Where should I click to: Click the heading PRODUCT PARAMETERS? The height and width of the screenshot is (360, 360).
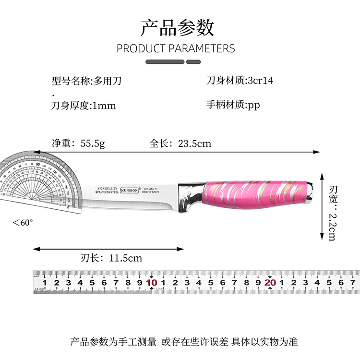pos(176,48)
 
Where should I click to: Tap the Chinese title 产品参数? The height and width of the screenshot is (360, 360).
pos(177,28)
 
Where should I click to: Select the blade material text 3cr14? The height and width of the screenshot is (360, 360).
pos(260,80)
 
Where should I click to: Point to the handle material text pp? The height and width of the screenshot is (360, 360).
pos(254,105)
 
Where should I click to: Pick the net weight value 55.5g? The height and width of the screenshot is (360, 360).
pos(92,143)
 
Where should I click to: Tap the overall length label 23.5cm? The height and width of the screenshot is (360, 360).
pos(194,143)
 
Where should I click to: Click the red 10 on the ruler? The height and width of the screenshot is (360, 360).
pos(152,282)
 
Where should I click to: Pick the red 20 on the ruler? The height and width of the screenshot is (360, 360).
pos(270,282)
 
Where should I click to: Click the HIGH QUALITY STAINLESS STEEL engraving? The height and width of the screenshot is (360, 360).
pos(108,190)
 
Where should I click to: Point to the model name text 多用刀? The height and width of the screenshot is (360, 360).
pos(108,81)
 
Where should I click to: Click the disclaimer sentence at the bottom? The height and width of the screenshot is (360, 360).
pos(184,342)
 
